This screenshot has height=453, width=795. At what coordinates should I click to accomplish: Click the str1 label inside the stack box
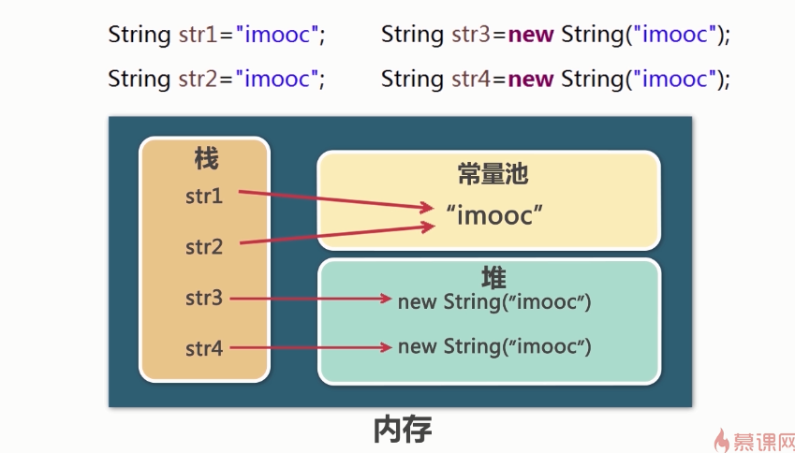click(204, 197)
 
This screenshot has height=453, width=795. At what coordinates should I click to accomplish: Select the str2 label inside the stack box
click(204, 247)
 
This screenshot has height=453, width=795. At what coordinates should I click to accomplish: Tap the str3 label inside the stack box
click(204, 298)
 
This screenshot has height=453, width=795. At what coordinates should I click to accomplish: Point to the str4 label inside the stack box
click(204, 348)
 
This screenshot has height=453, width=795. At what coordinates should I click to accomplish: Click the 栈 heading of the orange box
click(206, 158)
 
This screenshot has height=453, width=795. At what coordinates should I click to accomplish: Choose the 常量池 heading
click(493, 174)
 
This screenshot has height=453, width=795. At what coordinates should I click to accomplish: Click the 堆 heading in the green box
click(493, 278)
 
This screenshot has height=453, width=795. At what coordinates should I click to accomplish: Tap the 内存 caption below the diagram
click(403, 430)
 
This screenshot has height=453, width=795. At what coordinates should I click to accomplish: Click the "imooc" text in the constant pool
click(494, 215)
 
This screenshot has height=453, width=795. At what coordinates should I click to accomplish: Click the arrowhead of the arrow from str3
click(386, 299)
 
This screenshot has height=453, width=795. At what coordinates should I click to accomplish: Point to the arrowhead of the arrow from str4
click(386, 347)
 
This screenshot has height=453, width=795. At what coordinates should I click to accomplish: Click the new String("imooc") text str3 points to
click(494, 301)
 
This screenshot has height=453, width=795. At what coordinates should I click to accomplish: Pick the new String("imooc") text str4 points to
click(494, 346)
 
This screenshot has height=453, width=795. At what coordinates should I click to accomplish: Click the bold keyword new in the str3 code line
click(531, 36)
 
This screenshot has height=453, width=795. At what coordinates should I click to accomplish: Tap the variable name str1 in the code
click(199, 35)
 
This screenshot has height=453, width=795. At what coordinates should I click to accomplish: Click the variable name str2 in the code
click(199, 79)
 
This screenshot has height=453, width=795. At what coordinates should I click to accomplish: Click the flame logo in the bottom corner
click(721, 440)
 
